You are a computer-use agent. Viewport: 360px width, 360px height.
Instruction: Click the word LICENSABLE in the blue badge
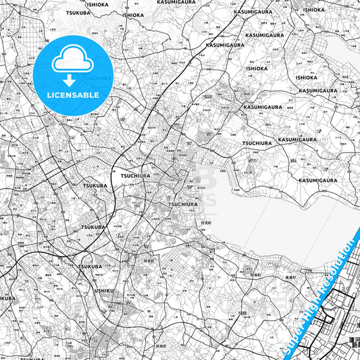point(73,95)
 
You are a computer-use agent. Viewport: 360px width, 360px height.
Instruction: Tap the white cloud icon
point(72,61)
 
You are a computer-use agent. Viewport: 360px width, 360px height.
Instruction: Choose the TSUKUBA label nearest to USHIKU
point(89,267)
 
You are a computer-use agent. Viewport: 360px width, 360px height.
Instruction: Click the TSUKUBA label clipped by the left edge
point(7,297)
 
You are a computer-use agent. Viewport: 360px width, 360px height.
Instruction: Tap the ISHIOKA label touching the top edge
point(97,4)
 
